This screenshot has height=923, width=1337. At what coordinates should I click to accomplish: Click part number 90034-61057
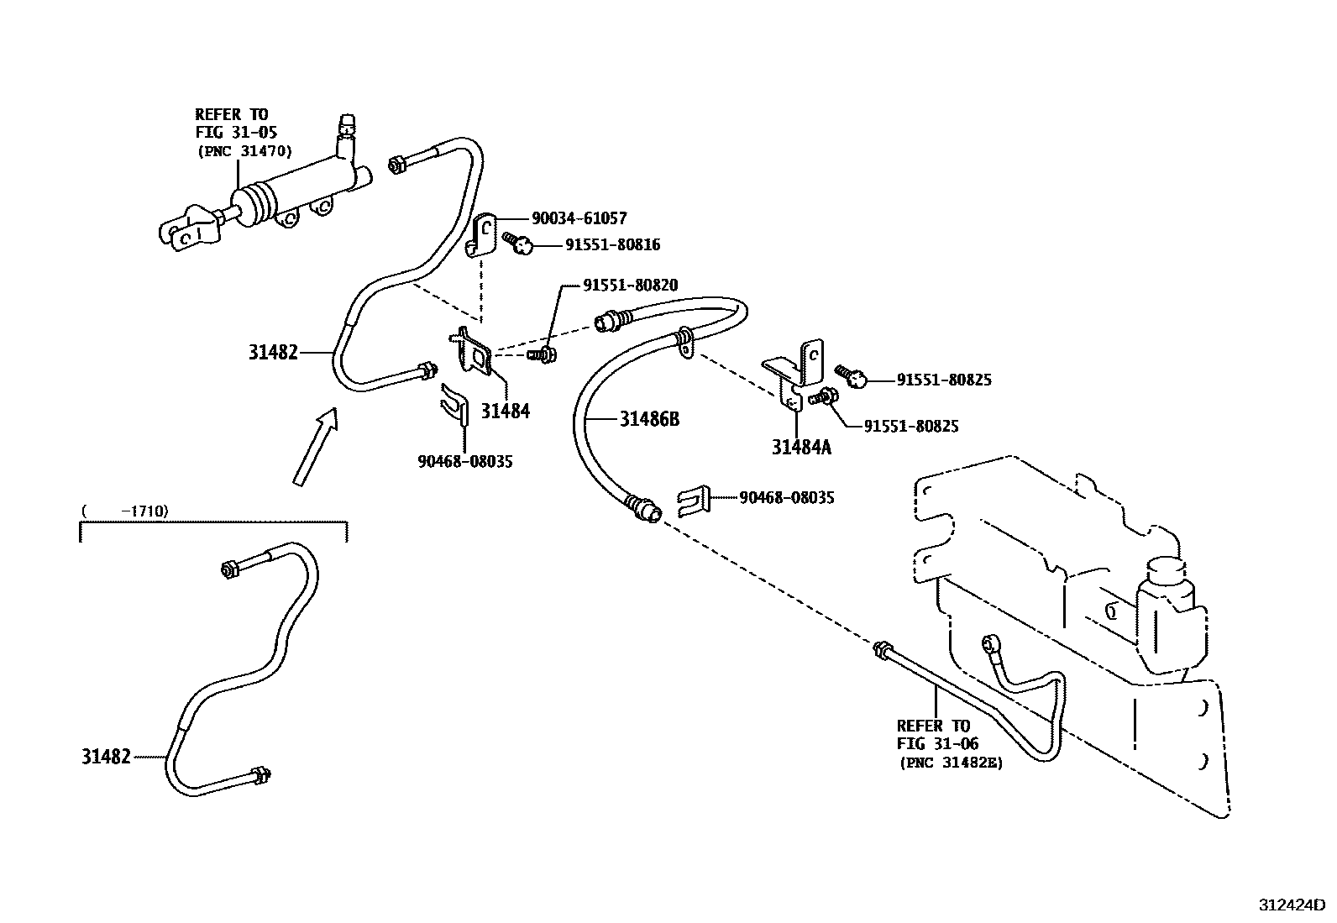tap(579, 219)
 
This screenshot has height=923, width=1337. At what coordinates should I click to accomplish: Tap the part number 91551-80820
tap(630, 286)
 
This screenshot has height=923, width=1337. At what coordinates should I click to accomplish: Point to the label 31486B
tap(649, 418)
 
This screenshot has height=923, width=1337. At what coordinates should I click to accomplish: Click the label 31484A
tap(801, 448)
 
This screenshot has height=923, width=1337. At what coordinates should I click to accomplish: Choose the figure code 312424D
tap(1290, 905)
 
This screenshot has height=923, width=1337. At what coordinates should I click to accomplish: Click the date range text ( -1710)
tap(125, 511)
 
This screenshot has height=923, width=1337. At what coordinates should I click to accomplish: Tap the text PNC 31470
tap(244, 151)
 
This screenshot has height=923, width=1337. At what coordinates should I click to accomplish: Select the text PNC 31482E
tap(952, 763)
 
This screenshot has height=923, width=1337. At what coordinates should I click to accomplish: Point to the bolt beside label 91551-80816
tap(519, 244)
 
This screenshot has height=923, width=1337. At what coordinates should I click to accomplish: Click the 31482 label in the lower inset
tap(106, 757)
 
